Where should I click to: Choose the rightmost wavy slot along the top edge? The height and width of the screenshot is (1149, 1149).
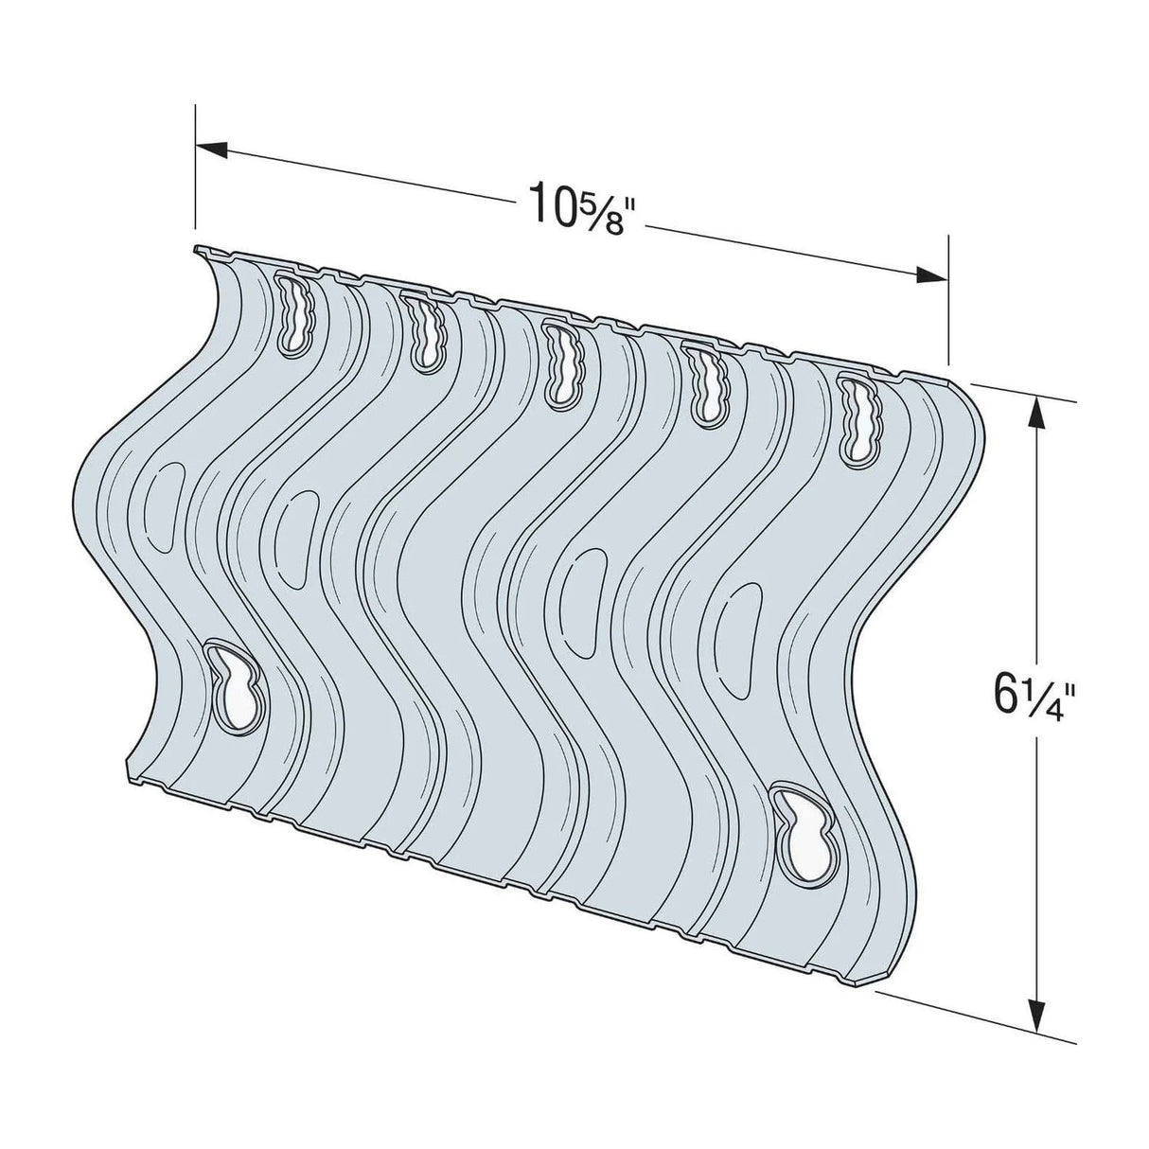(857, 416)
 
